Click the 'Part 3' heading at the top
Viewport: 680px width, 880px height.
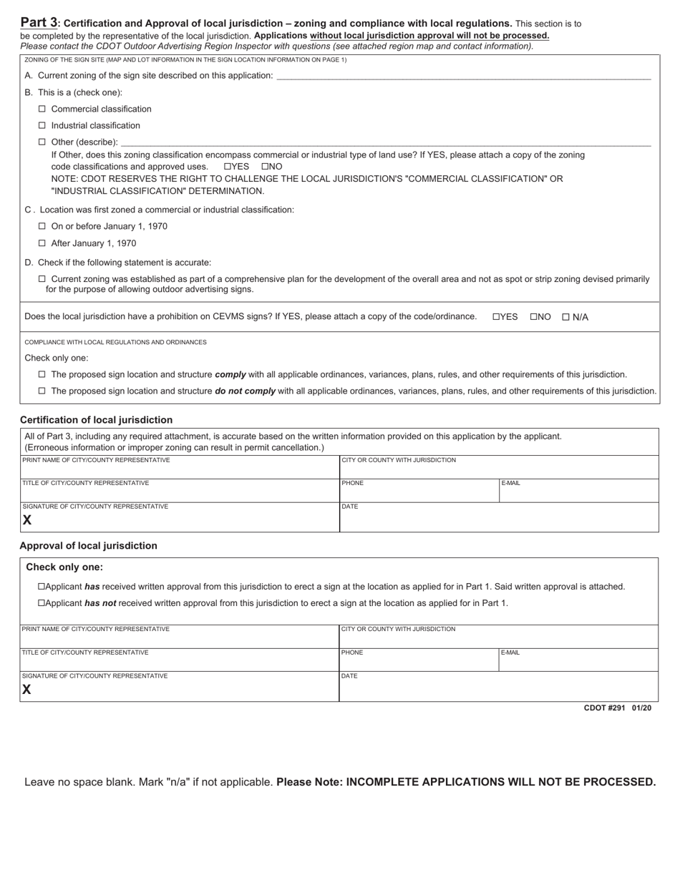pos(39,22)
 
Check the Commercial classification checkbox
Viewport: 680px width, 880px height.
pos(42,109)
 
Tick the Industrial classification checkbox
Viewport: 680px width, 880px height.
pos(42,125)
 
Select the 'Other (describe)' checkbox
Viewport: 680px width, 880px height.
pos(42,142)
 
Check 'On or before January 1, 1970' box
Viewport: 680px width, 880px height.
pos(42,226)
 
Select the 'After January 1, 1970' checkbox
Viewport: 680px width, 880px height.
pos(42,243)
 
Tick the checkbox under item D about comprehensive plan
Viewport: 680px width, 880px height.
pos(42,279)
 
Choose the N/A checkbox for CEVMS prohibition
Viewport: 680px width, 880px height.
pos(565,317)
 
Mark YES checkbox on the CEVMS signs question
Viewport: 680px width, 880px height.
pos(496,317)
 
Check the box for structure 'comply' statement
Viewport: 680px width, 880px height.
pos(42,374)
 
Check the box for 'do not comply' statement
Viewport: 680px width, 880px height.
pos(42,391)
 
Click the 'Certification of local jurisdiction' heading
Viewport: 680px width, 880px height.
pos(96,420)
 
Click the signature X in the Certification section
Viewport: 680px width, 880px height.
pos(27,520)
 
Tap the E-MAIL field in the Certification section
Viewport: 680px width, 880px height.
pos(578,493)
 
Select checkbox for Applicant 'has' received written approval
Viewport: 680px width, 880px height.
pos(42,587)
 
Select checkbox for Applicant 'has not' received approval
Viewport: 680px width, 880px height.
pos(42,603)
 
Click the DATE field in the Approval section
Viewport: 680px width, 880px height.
pos(497,688)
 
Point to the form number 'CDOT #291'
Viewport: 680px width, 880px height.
pos(604,708)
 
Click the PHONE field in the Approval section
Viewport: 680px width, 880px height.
pos(419,662)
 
